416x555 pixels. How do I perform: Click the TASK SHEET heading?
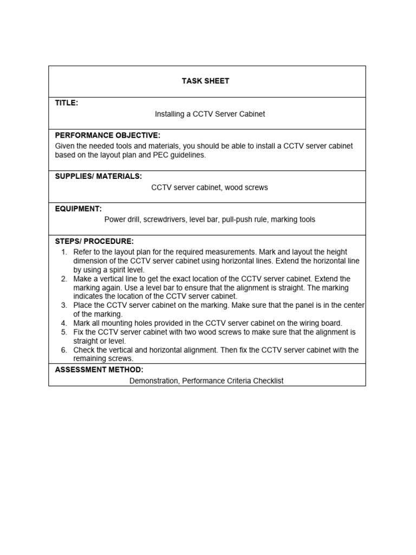[205, 81]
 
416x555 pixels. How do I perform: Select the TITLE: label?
[67, 103]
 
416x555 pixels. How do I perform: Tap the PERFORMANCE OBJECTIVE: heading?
[108, 135]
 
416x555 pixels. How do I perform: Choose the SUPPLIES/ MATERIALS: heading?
[99, 176]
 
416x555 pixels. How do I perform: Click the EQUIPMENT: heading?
[79, 208]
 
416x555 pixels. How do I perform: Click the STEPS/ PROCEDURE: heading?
[94, 241]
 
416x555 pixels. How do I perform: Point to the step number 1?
[63, 252]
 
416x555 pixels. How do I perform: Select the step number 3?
[63, 306]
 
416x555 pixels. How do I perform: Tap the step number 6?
[63, 350]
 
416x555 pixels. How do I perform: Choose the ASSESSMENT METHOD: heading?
[99, 370]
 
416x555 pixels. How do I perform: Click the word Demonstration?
[153, 381]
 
